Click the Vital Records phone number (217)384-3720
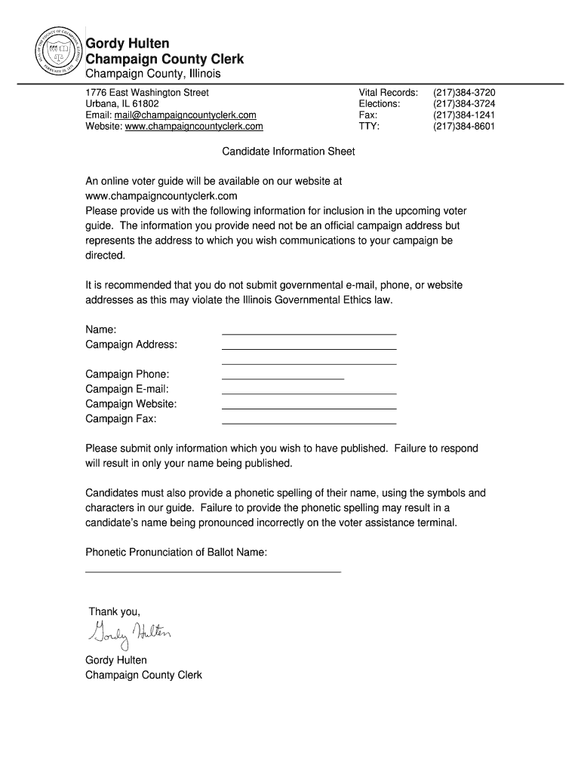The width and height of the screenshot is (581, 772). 463,93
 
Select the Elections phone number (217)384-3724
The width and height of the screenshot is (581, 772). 463,104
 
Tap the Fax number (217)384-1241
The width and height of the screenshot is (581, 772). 463,115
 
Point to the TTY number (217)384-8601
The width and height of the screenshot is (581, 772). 463,127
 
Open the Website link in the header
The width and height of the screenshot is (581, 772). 193,127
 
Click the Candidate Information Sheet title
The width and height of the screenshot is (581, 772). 288,152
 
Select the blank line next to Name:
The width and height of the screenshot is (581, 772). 309,332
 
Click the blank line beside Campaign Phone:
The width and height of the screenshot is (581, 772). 282,376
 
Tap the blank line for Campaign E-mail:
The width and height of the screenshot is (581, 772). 309,392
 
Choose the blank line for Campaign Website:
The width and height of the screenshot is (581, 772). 309,407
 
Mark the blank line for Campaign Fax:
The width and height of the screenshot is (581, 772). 309,422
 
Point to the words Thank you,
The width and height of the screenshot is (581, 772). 115,611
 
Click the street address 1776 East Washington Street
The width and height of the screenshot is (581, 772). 147,93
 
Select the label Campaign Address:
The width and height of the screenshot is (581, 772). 131,345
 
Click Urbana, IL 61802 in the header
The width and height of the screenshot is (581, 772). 122,104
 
